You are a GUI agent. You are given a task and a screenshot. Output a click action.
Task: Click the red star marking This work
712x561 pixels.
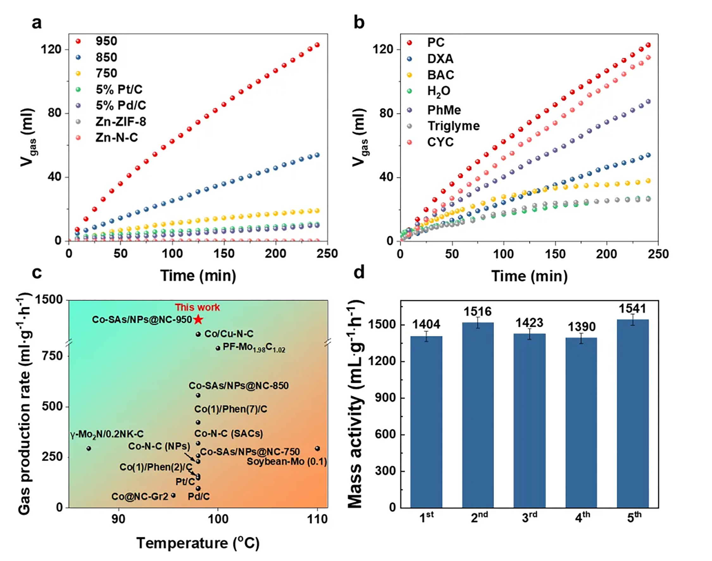(198, 319)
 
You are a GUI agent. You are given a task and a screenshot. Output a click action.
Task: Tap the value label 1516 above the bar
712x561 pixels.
(478, 311)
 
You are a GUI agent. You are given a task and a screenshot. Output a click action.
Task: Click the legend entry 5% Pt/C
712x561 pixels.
(119, 89)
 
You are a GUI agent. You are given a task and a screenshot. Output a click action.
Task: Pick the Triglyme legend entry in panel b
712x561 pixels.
(453, 126)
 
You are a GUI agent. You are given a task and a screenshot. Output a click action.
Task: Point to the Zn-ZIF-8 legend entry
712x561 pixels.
(121, 122)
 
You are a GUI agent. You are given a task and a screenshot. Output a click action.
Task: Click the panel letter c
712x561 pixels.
(37, 272)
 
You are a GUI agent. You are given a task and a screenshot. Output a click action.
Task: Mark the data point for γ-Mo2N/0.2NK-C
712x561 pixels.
(89, 448)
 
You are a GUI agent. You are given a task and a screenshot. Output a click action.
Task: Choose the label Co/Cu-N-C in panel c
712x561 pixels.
(229, 334)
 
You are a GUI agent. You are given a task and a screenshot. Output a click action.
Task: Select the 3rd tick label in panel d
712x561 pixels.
(529, 518)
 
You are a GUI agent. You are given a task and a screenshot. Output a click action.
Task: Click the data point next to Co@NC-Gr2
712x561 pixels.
(173, 495)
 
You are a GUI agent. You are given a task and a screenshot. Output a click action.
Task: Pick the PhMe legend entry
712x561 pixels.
(444, 110)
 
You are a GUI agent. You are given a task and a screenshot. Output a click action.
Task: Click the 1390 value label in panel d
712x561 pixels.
(581, 327)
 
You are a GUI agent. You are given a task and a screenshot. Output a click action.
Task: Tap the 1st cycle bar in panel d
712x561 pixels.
(426, 422)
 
